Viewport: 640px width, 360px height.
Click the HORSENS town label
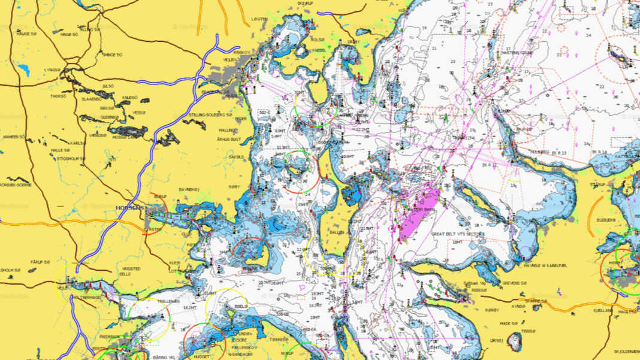[x=128, y=207]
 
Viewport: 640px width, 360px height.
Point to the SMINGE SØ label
[x=111, y=55]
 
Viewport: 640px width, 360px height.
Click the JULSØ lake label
[x=108, y=86]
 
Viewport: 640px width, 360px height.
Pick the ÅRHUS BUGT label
[x=228, y=138]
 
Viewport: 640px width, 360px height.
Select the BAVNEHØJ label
[x=188, y=190]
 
